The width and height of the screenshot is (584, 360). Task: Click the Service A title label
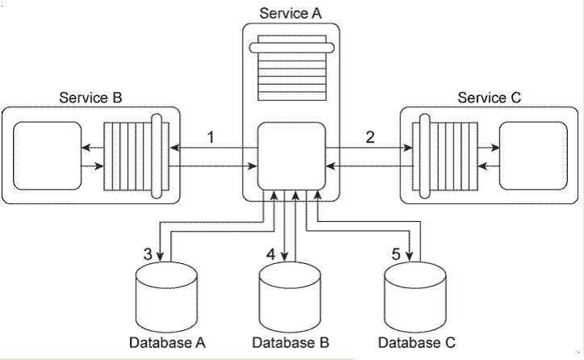[290, 13]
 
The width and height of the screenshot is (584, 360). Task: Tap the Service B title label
[90, 98]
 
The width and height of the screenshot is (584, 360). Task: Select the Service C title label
[490, 98]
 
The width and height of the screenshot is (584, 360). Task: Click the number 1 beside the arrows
[211, 136]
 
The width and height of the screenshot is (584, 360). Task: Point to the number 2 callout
[370, 136]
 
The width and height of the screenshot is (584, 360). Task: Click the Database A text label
[168, 342]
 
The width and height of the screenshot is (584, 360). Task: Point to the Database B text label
[290, 342]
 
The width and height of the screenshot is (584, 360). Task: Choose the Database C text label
[416, 342]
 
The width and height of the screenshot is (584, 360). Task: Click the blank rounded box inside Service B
[48, 156]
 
